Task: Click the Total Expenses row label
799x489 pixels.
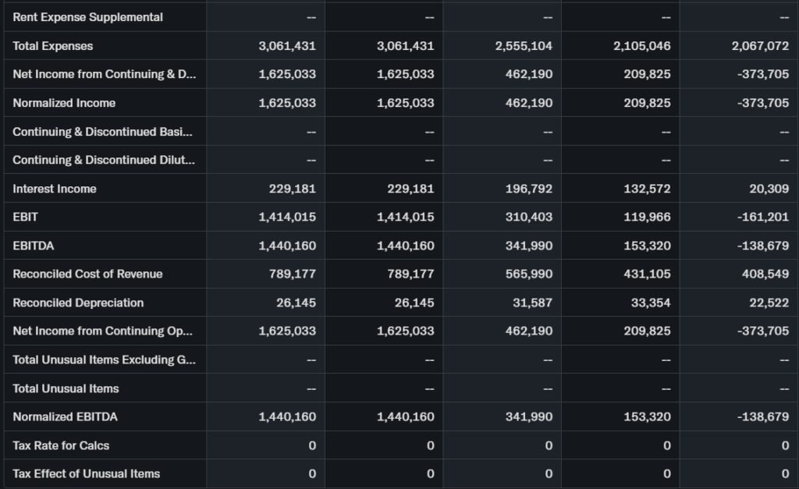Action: click(x=53, y=46)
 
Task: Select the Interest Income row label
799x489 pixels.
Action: click(x=55, y=189)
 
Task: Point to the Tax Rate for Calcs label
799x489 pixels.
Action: click(x=61, y=445)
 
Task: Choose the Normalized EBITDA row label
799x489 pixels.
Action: click(x=65, y=416)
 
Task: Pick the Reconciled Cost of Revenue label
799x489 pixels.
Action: click(x=87, y=274)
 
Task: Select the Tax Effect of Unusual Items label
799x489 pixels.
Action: click(x=86, y=473)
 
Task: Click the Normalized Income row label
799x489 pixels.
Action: click(x=64, y=103)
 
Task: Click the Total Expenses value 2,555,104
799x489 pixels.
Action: click(x=524, y=46)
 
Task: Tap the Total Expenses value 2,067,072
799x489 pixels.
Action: click(x=760, y=46)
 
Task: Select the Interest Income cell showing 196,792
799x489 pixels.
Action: click(x=528, y=189)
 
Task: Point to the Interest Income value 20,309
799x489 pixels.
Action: click(x=768, y=189)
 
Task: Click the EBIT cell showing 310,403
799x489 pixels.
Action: click(x=528, y=217)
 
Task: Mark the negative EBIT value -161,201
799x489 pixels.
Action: click(x=762, y=217)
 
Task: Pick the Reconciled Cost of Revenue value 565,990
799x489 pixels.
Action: click(x=528, y=274)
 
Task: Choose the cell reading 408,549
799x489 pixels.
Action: click(x=765, y=274)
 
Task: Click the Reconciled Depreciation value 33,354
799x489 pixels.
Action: click(x=651, y=303)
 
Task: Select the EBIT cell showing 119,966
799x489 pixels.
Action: click(x=647, y=217)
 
